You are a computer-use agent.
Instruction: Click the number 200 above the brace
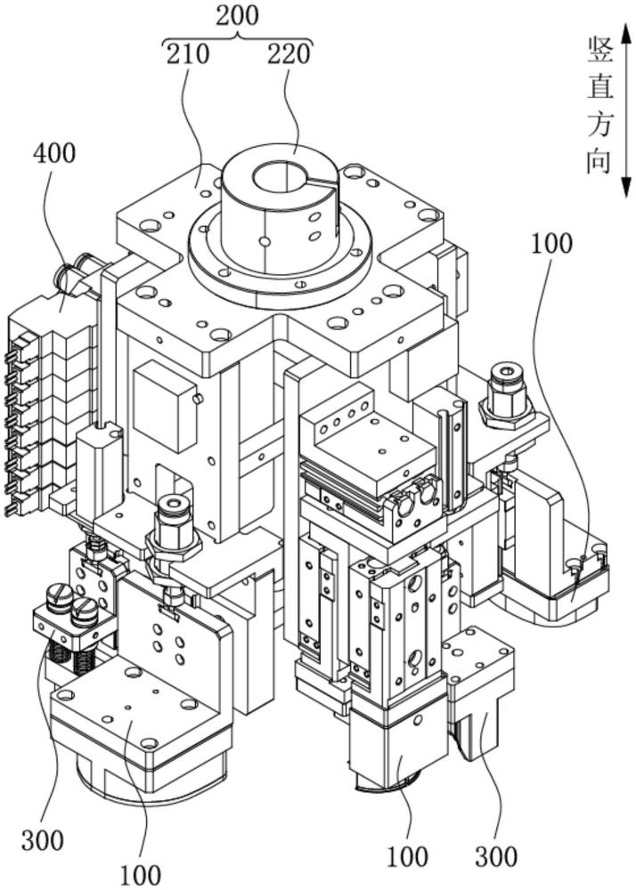tap(237, 15)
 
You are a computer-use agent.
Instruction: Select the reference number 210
tap(188, 53)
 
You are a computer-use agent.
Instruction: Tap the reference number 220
tap(289, 53)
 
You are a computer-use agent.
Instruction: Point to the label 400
tap(54, 153)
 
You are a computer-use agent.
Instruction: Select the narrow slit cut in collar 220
tap(322, 181)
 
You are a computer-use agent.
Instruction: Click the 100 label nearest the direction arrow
tap(551, 244)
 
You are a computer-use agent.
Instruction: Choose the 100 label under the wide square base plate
tap(140, 875)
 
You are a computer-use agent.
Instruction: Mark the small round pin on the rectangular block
tap(197, 399)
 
